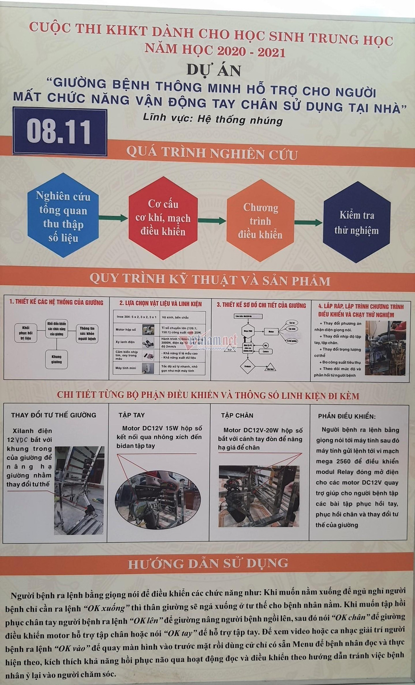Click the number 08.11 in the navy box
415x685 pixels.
click(x=59, y=131)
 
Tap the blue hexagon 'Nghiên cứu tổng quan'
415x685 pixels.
click(x=63, y=216)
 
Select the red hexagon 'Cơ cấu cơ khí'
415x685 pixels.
click(x=163, y=218)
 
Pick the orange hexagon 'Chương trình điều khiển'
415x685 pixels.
click(x=260, y=220)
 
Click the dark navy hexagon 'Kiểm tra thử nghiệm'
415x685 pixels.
click(x=357, y=222)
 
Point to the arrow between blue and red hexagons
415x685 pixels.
click(x=113, y=218)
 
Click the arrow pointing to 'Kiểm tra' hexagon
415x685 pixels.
click(x=308, y=223)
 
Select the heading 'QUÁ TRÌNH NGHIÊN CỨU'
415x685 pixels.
click(x=212, y=153)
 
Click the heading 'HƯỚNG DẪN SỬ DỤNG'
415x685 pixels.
click(x=208, y=563)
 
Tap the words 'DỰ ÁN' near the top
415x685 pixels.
click(x=214, y=70)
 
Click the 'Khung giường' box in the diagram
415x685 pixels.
click(x=56, y=359)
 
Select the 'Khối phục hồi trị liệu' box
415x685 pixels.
click(x=25, y=333)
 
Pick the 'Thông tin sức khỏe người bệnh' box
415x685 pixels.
click(x=87, y=333)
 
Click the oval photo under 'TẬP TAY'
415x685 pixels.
click(x=158, y=500)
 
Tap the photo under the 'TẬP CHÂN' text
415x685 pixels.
click(x=259, y=496)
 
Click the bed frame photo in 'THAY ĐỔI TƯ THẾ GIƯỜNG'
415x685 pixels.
click(x=79, y=490)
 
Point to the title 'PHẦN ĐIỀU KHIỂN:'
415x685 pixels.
click(x=347, y=416)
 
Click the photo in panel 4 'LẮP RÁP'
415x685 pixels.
click(x=385, y=348)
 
